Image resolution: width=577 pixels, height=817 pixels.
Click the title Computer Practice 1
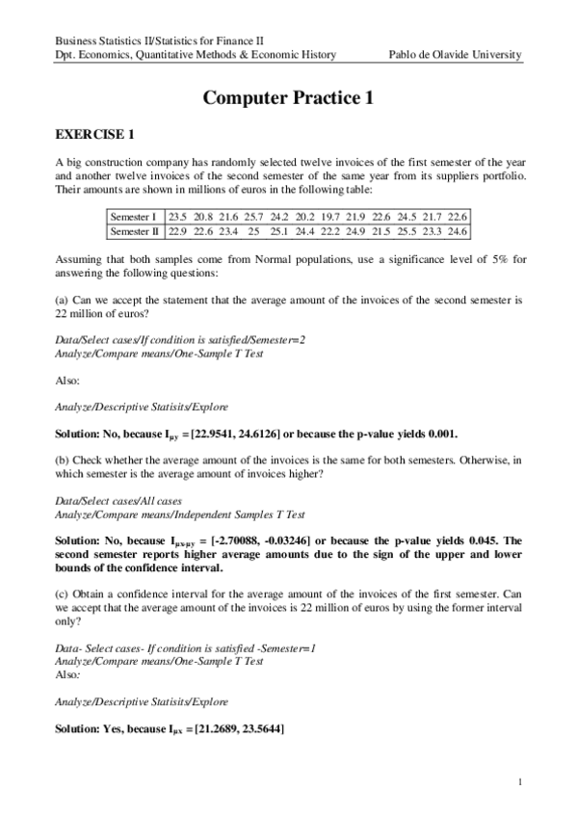point(288,97)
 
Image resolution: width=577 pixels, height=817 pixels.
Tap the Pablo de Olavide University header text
point(455,55)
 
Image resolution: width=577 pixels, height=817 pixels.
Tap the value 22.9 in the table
point(178,231)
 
